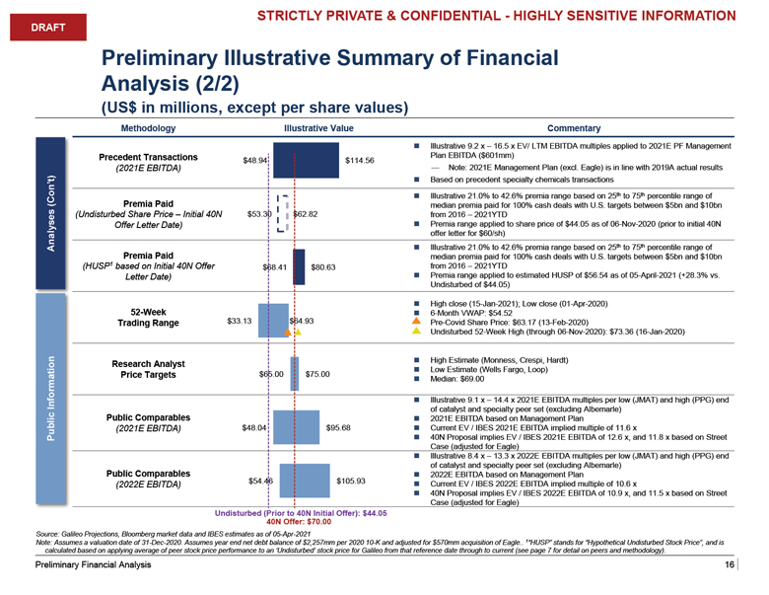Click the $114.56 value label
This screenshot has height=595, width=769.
click(x=361, y=161)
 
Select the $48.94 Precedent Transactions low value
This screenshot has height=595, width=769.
click(x=255, y=161)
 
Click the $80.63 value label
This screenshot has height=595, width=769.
click(x=323, y=266)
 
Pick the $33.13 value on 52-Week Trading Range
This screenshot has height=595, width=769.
click(x=241, y=321)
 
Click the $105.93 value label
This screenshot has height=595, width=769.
click(x=350, y=481)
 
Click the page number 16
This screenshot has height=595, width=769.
click(x=729, y=565)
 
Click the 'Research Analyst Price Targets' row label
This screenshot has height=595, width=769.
click(x=148, y=368)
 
